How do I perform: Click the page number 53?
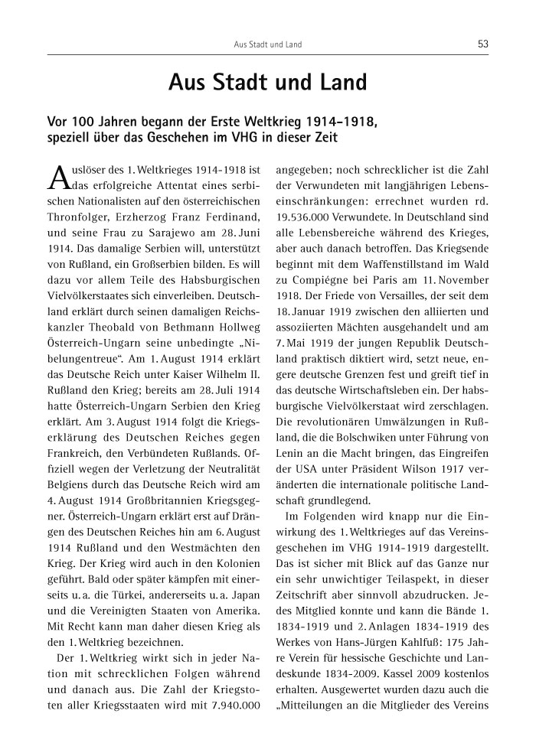[482, 44]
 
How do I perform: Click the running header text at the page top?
[267, 45]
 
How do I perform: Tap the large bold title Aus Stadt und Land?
[267, 82]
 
